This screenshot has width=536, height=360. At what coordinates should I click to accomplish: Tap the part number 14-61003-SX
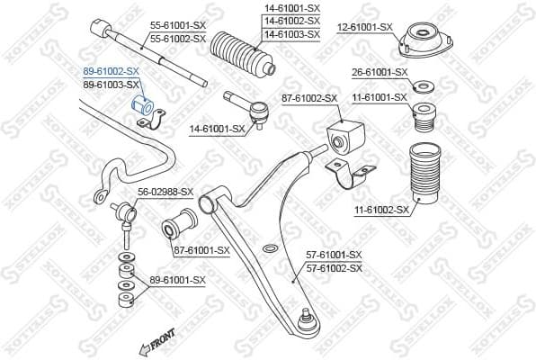291,33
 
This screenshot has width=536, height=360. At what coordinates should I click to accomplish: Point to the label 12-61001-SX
365,28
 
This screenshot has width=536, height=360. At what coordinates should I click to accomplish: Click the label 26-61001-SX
378,72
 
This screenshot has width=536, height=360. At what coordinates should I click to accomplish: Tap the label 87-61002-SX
308,97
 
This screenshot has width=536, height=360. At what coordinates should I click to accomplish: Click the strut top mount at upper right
418,40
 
